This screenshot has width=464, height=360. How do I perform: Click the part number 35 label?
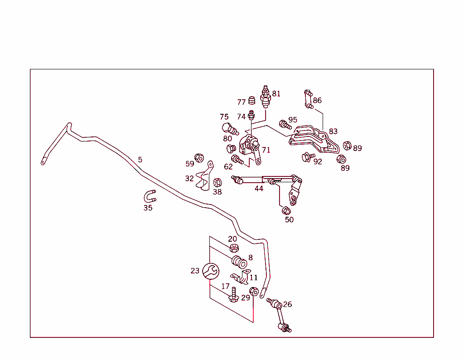[x=148, y=208]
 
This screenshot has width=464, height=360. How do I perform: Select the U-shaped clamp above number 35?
[x=150, y=196]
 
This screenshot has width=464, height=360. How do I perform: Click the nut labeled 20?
[x=234, y=248]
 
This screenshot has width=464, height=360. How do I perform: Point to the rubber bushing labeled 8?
[x=239, y=263]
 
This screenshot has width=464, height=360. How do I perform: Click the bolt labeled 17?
[x=234, y=295]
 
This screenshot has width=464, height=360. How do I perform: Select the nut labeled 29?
[x=254, y=292]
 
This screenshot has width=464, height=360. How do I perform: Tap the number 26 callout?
[x=287, y=304]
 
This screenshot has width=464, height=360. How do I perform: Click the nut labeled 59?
[x=199, y=158]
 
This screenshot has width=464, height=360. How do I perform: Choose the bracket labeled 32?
[x=204, y=178]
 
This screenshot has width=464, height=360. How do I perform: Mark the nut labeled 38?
[x=217, y=183]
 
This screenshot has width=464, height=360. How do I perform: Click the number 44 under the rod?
[x=259, y=189]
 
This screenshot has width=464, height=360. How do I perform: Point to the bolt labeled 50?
[x=286, y=211]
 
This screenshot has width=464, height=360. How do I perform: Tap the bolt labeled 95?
[x=284, y=123]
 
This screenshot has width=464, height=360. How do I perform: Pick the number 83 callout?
[x=333, y=131]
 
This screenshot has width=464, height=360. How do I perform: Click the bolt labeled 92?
[x=308, y=157]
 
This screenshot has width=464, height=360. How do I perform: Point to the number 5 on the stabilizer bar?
[x=140, y=160]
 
